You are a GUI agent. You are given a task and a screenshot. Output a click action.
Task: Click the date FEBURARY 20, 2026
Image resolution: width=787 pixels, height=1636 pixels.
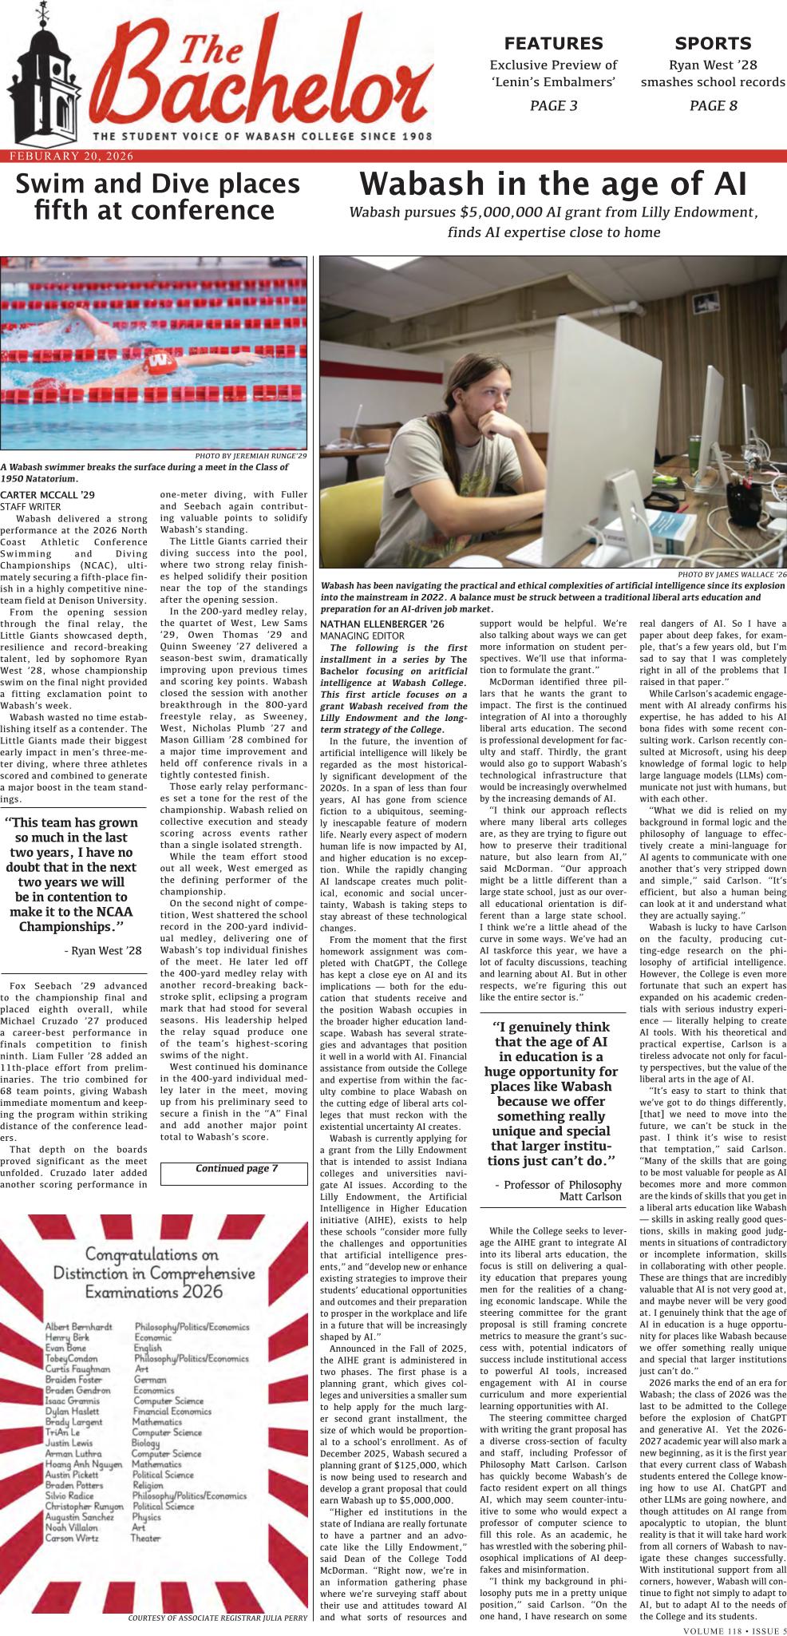71,156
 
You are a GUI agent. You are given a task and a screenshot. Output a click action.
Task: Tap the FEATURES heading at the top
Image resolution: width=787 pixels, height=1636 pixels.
553,43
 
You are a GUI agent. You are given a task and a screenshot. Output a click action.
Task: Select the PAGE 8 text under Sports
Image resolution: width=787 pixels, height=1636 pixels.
713,105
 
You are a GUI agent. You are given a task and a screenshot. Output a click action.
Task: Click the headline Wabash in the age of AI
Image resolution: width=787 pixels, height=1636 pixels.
553,184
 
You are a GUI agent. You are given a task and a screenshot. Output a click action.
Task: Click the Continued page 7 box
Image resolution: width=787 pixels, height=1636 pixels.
234,1169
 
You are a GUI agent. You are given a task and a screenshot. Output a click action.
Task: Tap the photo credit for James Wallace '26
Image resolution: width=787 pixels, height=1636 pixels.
731,574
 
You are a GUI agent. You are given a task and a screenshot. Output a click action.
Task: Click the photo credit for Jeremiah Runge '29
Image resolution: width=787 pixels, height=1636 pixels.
251,455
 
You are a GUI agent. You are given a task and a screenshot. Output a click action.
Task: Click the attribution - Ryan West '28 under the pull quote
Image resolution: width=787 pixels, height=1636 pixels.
102,950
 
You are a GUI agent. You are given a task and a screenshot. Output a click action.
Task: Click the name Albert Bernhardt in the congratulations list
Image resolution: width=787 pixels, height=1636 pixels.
78,1327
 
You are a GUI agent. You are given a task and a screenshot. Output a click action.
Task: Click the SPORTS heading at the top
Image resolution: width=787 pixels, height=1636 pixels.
713,43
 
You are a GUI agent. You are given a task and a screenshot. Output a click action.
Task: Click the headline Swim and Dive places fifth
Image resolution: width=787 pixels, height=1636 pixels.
157,197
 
